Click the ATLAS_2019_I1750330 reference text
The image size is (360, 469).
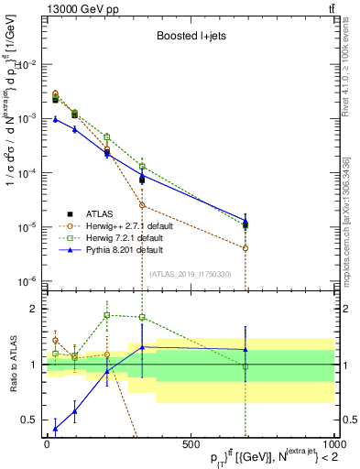click(188, 274)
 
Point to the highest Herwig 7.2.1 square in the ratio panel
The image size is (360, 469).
click(107, 315)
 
